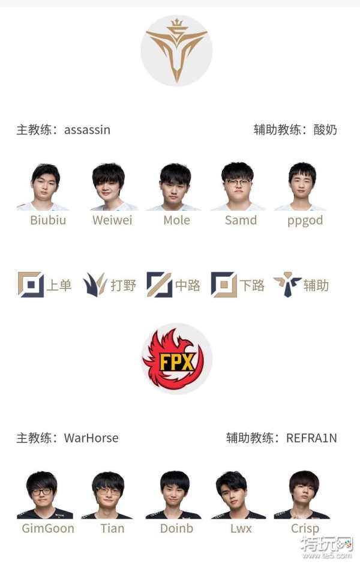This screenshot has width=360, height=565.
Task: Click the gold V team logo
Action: [x=176, y=50]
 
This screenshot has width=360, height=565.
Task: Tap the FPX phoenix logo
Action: [x=176, y=358]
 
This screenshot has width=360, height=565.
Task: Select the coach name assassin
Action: [x=87, y=130]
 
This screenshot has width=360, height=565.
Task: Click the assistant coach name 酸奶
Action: [x=325, y=130]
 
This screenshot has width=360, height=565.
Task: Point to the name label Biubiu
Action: [x=48, y=220]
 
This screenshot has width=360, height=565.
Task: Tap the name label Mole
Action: [x=176, y=220]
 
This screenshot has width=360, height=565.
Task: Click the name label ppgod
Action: [x=304, y=220]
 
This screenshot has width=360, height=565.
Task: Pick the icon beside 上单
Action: [x=31, y=285]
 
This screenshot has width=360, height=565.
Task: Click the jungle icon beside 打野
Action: [x=95, y=285]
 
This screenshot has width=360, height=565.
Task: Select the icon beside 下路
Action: [x=223, y=285]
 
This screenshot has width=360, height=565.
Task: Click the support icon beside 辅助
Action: [x=287, y=285]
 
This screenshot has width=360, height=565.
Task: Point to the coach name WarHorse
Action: [x=91, y=438]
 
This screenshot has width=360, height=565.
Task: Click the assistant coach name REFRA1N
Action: [x=311, y=438]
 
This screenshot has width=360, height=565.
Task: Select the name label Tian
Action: [x=112, y=528]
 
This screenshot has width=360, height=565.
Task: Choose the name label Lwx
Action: [x=241, y=528]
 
